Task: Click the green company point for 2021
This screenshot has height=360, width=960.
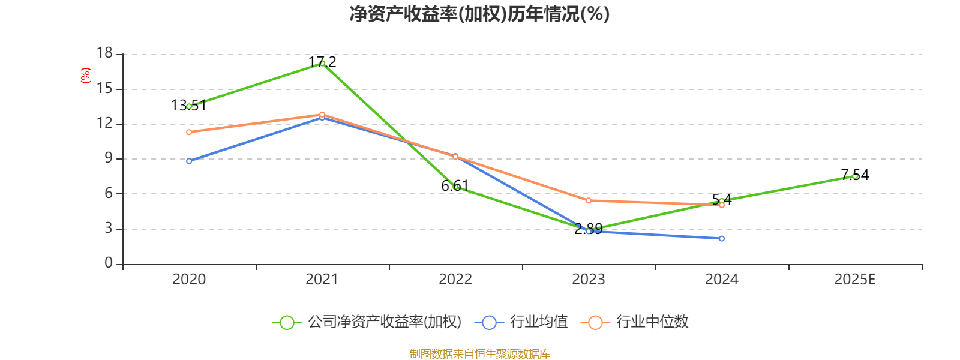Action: point(322,63)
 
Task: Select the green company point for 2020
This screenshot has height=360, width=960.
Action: point(189,106)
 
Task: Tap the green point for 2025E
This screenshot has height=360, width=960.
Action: point(855,176)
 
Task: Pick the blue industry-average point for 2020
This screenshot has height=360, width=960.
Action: point(189,161)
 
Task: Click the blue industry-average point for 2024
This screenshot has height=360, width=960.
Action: point(722,238)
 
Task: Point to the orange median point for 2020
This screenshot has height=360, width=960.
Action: point(189,132)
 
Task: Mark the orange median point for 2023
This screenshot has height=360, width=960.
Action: point(589,200)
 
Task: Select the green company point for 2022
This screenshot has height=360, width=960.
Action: point(456,187)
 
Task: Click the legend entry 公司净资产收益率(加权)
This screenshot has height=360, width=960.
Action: point(367,322)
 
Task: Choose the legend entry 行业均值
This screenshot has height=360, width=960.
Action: point(521,322)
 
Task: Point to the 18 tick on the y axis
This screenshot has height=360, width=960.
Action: point(105,53)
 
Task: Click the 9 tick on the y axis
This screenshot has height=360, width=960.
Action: point(109,158)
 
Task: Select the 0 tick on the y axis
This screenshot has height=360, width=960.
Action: point(109,263)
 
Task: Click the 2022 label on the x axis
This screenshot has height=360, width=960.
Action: point(455,280)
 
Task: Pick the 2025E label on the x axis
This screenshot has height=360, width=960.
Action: point(854,280)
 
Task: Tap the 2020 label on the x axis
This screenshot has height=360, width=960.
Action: point(189,280)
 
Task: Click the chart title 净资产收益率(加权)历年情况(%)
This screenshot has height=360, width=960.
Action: point(479,14)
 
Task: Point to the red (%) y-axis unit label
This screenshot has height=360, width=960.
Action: point(86,76)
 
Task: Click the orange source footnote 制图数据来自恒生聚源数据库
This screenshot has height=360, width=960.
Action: point(479,354)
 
